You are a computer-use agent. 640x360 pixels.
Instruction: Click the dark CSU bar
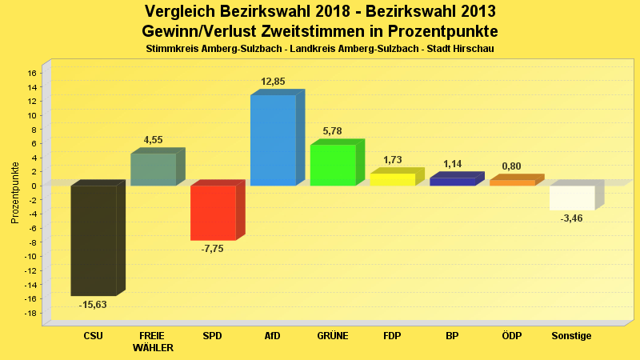coord(94,240)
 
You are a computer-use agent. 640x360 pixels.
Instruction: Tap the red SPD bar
coord(213,213)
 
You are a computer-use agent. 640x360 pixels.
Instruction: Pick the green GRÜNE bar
coord(333,165)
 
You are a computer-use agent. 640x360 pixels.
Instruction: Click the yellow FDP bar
coord(392,179)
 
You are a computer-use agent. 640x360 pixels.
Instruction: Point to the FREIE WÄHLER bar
coord(154,170)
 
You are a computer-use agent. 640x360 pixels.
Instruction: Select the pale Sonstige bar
coord(572,198)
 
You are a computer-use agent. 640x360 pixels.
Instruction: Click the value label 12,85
coord(273,82)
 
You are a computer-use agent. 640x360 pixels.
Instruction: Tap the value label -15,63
coord(93,305)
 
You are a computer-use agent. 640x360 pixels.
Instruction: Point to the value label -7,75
coord(213,249)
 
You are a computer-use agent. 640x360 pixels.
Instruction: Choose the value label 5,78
coord(332,131)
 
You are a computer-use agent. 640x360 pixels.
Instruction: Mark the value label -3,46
coord(572,218)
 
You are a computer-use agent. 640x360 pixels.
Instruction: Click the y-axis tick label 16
coord(32,73)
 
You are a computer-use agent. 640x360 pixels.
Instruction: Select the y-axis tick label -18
coord(30,313)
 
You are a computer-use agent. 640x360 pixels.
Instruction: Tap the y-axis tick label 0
coord(34,186)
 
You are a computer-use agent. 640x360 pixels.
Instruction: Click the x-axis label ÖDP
coord(512,336)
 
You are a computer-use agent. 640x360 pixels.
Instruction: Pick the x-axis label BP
coord(452,336)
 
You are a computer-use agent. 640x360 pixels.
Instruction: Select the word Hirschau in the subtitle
coord(474,50)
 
